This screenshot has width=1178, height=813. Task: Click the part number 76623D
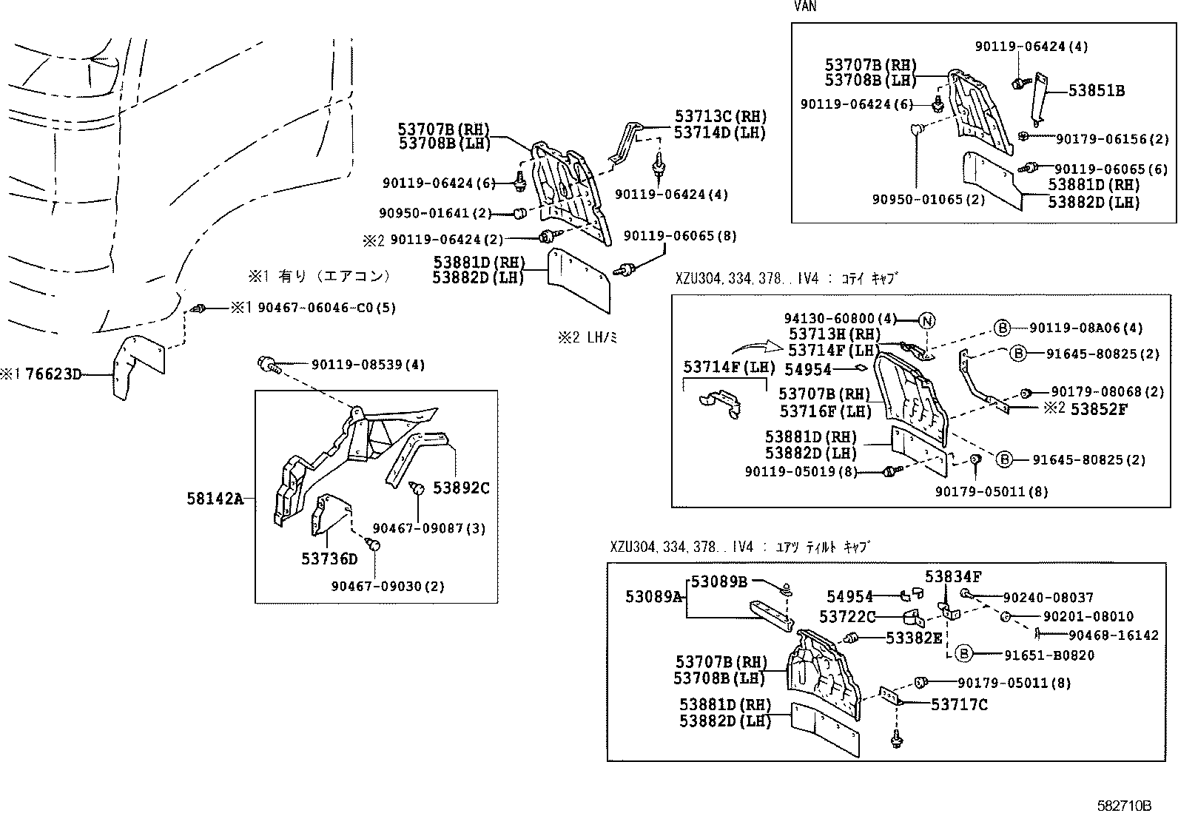tap(53, 374)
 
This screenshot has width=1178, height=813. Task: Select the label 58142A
tap(215, 499)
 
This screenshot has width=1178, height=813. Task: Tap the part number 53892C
tap(461, 488)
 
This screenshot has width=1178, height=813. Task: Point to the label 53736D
tap(329, 559)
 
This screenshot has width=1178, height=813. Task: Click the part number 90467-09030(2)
tap(388, 586)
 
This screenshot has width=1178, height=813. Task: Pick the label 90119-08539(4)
tap(368, 365)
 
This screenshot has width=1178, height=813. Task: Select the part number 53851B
tap(1097, 91)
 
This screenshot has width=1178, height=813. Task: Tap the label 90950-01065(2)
tap(928, 200)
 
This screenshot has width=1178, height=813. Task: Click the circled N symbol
tap(927, 320)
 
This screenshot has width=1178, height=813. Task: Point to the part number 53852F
tap(1098, 408)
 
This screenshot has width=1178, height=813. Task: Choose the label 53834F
tap(953, 576)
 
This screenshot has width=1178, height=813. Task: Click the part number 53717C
tap(959, 705)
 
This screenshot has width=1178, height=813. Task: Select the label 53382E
tap(914, 638)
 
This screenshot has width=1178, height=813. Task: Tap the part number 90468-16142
tap(1113, 635)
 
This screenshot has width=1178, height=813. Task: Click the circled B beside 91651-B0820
tap(963, 654)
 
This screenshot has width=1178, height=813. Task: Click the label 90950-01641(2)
tap(435, 213)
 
